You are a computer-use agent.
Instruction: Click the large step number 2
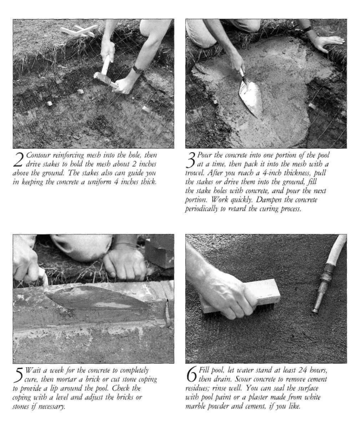(x=18, y=160)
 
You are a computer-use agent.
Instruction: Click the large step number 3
(x=190, y=160)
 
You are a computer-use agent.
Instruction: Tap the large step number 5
(x=18, y=375)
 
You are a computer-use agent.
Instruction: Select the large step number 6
(x=192, y=375)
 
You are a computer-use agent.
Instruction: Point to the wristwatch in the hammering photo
(x=137, y=70)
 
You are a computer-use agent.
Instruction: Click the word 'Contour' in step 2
(x=39, y=155)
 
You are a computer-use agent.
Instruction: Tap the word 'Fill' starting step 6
(x=204, y=370)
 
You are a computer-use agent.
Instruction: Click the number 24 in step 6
(x=302, y=370)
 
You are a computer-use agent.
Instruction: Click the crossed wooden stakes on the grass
(x=79, y=30)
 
